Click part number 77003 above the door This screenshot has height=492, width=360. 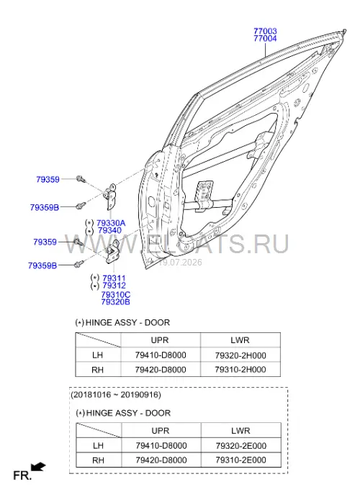click(265, 31)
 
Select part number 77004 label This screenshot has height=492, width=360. click(265, 38)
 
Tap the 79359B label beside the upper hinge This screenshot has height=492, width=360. click(45, 207)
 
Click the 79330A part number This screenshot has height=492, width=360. click(111, 223)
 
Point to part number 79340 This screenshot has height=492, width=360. click(109, 230)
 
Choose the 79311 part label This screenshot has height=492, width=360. click(114, 278)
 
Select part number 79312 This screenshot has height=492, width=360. click(114, 286)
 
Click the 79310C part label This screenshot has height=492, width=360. click(116, 295)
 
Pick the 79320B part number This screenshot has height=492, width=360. click(116, 302)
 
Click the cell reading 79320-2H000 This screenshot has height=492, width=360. click(240, 355)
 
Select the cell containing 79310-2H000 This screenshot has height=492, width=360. click(240, 370)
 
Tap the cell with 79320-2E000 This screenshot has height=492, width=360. click(241, 446)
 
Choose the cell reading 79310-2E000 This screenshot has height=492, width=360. click(241, 460)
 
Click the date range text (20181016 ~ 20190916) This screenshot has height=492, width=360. click(116, 394)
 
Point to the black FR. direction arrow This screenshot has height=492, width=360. click(38, 467)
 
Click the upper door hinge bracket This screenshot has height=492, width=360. click(110, 196)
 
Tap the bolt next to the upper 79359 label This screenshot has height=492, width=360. click(81, 179)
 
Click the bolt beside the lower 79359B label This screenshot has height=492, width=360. click(79, 264)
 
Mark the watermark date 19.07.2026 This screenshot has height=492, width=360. click(180, 263)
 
